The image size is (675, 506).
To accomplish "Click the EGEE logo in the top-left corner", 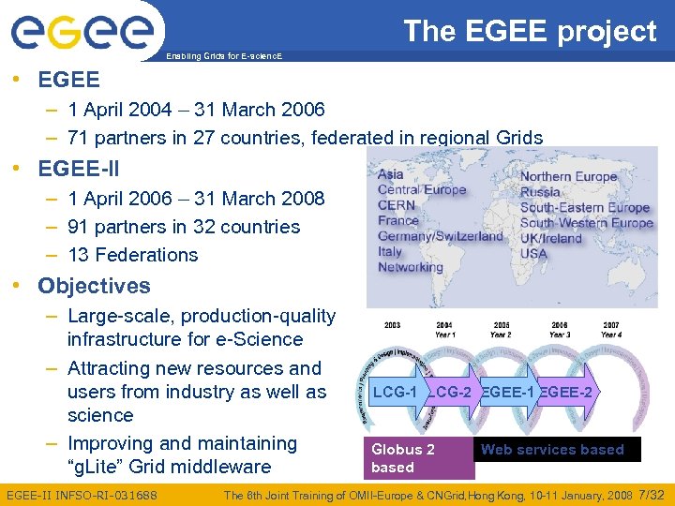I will click(x=82, y=30).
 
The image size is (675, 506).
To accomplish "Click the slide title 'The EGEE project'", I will click(x=530, y=31).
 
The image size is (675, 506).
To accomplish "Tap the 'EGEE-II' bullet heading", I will click(x=78, y=170).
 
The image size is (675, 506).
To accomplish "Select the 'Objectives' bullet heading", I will click(x=94, y=286).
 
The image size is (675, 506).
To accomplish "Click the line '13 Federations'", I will click(x=132, y=255).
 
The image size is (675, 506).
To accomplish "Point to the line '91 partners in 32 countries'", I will click(x=184, y=227).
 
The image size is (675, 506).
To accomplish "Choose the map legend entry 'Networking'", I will click(x=411, y=267).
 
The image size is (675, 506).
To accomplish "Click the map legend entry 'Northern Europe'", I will click(x=568, y=176).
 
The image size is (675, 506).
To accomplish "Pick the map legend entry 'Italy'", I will click(x=390, y=251).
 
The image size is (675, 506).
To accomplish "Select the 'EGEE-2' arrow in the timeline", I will click(x=565, y=392).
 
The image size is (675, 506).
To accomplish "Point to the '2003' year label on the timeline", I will click(x=392, y=325).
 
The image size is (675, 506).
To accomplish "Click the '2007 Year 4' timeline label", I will click(x=610, y=330).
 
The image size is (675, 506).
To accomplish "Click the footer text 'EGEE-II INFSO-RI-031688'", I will click(x=82, y=495).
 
